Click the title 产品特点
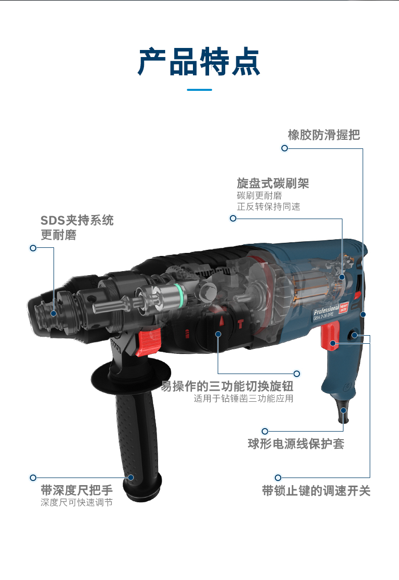tap(199, 62)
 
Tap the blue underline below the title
tap(199, 90)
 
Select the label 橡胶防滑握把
tap(324, 135)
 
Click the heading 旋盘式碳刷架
tap(273, 183)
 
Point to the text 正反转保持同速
tap(268, 207)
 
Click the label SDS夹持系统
tap(77, 221)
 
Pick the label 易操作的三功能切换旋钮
tap(227, 387)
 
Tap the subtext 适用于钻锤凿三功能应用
tap(243, 399)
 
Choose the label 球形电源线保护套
tap(296, 444)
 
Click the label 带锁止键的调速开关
tap(316, 491)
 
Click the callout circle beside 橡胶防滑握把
tap(284, 148)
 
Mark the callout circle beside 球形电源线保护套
tap(265, 431)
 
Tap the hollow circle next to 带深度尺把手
tap(33, 477)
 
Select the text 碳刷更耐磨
tap(260, 195)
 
